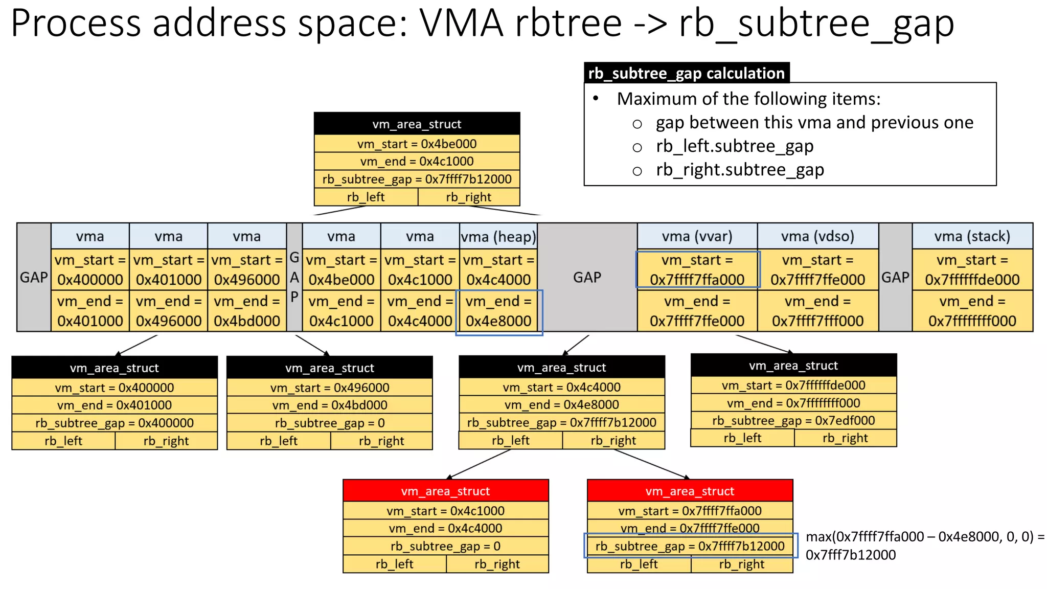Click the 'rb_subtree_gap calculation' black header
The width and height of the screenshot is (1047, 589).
click(686, 73)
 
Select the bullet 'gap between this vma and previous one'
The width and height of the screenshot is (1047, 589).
click(814, 123)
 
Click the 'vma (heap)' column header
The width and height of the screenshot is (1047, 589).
click(498, 237)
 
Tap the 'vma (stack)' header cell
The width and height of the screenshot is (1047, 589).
click(972, 236)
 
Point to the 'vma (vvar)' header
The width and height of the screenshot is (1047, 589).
click(697, 236)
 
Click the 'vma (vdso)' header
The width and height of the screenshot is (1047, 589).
click(817, 236)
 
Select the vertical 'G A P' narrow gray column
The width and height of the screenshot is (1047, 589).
click(294, 277)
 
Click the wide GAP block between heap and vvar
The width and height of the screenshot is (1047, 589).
click(587, 277)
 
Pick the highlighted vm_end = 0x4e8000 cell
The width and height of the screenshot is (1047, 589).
click(498, 312)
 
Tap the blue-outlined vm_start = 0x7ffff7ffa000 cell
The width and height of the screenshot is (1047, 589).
click(697, 270)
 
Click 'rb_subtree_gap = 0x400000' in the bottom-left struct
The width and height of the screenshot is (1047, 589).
click(115, 423)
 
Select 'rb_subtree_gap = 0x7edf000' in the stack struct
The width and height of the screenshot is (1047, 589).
click(793, 420)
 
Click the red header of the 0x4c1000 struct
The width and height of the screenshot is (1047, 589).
click(445, 491)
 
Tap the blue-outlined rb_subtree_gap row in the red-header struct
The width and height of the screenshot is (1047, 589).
click(690, 546)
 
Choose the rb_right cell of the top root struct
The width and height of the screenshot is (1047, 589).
click(468, 197)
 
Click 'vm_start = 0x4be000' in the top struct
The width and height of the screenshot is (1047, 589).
click(417, 144)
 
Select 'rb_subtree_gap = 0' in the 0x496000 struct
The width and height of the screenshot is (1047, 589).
click(330, 423)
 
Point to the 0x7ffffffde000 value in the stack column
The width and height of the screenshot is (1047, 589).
click(972, 280)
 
